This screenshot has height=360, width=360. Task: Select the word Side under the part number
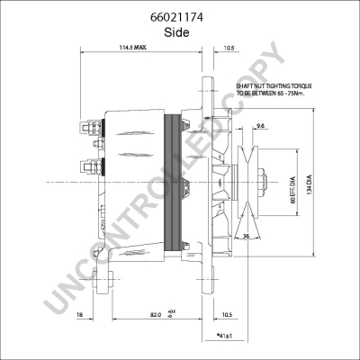[179, 31]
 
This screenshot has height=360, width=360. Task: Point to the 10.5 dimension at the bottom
[228, 314]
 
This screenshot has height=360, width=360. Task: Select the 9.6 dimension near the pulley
[260, 126]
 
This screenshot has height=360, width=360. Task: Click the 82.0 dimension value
[156, 315]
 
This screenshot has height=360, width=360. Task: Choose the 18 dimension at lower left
[80, 315]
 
